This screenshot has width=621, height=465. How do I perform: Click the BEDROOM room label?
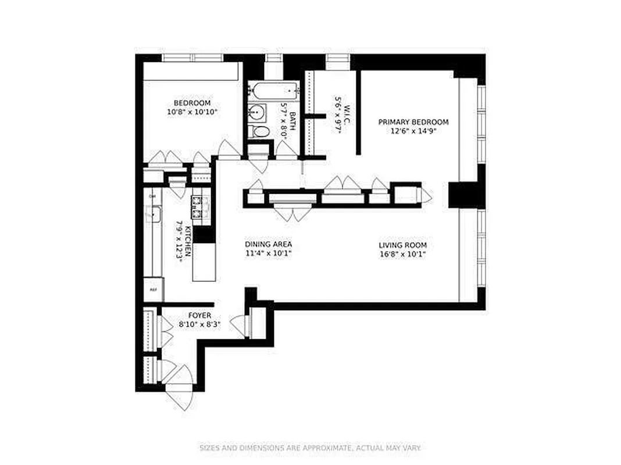pos(192,103)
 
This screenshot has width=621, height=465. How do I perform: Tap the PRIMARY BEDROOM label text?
pos(413,122)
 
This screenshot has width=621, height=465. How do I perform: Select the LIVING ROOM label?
pos(402,245)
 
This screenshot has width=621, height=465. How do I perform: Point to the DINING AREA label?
pos(268,244)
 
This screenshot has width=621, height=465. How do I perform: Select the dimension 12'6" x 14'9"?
pos(414,131)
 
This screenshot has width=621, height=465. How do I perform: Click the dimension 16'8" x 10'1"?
pos(402,254)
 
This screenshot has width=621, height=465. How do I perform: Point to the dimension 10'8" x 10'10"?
pos(192,112)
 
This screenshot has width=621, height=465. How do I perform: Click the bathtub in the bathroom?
pos(274,90)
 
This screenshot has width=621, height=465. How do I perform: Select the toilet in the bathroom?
pos(260,131)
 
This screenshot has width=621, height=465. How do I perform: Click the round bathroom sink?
pos(257,112)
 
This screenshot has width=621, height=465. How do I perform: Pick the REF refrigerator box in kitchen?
pos(154,289)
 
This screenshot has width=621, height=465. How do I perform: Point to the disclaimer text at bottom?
pos(310,448)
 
